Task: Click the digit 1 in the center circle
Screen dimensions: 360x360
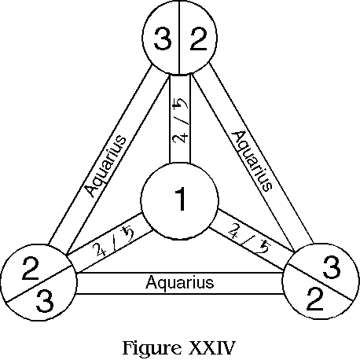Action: coord(180,199)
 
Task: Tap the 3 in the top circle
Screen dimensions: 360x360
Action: coord(163,39)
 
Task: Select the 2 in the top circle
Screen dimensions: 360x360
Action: coord(199,39)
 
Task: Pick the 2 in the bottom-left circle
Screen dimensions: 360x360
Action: coord(31,268)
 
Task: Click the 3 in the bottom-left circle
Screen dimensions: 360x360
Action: coord(45,301)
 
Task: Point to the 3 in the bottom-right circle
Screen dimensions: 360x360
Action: coord(332,267)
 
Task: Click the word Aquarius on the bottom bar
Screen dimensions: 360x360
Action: coord(180,283)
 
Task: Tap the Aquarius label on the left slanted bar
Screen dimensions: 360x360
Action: coord(106,166)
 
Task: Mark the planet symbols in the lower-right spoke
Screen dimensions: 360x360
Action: coord(249,238)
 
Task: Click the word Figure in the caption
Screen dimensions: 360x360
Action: coord(152,349)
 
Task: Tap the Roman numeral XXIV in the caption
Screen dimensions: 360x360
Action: coord(211,347)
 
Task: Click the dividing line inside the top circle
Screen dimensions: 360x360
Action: coord(179,38)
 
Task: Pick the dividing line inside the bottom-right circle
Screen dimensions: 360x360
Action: coord(318,282)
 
